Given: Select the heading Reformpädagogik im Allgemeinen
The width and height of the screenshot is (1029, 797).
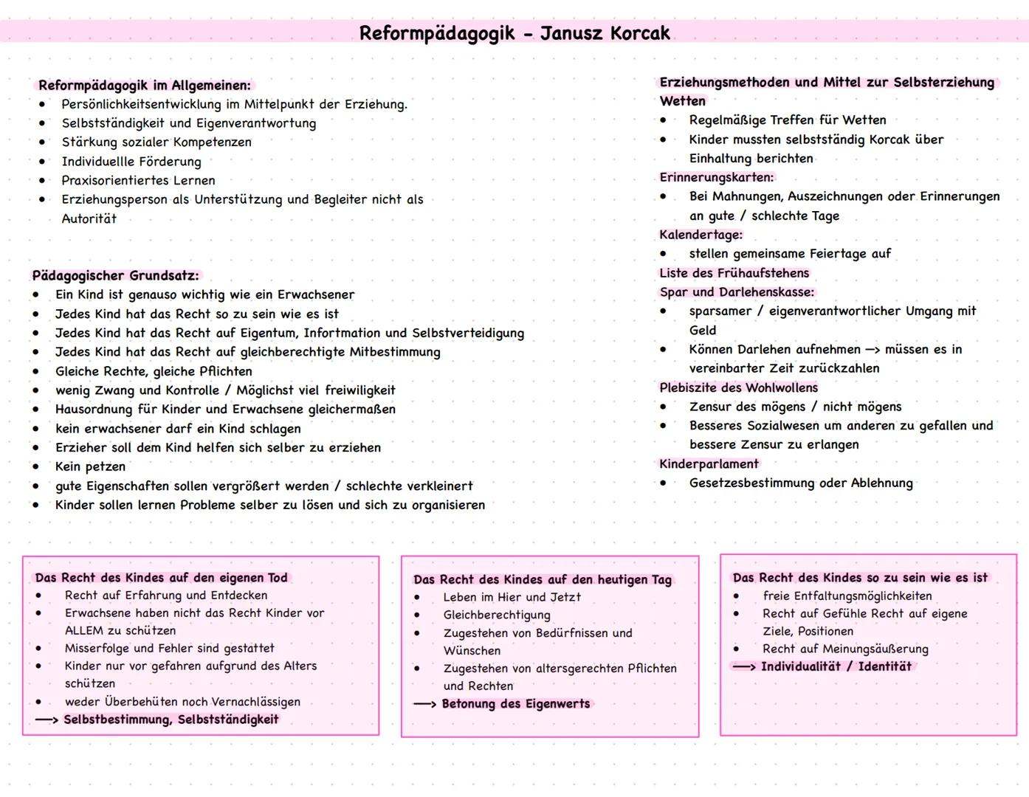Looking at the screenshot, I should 145,85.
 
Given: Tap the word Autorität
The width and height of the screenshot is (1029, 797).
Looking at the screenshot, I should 89,218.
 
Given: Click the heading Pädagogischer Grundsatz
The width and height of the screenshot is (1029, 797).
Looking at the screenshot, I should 115,275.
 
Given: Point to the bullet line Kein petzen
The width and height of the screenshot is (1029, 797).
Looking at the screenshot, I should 90,466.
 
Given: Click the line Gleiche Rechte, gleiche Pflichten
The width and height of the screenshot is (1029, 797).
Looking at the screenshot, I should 154,371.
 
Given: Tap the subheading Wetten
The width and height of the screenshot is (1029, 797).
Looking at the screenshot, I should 682,100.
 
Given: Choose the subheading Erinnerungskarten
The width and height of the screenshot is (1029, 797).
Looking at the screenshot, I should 716,177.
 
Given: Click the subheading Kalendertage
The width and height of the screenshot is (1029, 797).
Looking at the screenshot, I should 701,235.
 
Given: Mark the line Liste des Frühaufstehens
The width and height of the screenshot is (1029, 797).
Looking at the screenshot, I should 734,273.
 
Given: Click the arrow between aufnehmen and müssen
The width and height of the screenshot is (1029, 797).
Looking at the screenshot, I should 873,350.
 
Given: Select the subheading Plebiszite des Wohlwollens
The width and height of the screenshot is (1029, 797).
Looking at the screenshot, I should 738,387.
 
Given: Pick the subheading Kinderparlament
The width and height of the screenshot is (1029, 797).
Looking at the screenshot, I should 709,463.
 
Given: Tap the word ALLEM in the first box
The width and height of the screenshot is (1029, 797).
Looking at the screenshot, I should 85,630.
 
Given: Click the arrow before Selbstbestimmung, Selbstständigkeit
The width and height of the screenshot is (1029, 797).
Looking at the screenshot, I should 47,720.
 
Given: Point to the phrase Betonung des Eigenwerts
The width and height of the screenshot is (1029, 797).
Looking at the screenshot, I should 516,703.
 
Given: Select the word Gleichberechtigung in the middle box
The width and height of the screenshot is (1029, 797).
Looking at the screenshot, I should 496,615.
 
